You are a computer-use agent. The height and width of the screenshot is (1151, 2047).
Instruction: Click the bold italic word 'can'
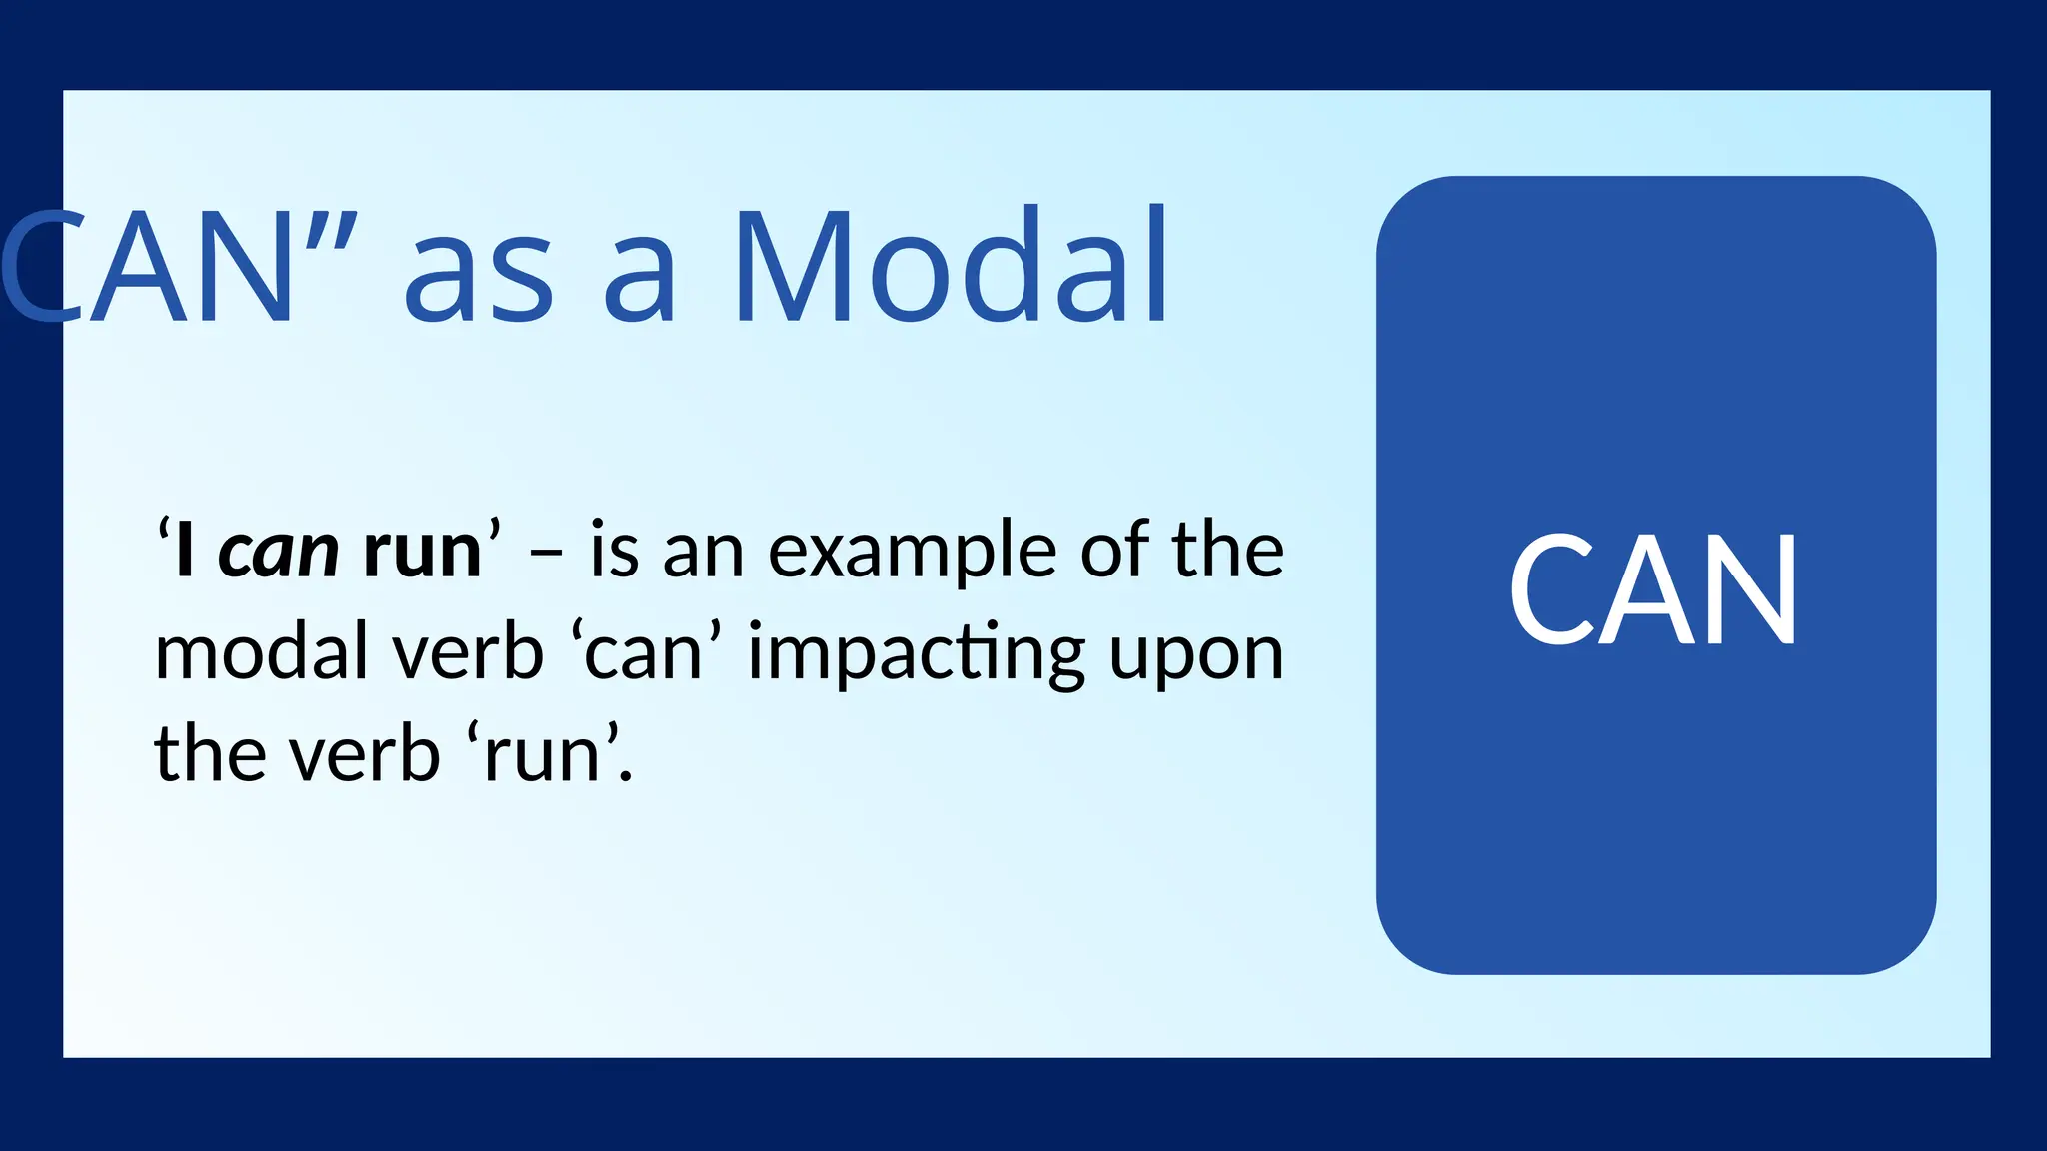tap(279, 553)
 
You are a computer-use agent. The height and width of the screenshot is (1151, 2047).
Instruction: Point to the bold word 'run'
tap(422, 553)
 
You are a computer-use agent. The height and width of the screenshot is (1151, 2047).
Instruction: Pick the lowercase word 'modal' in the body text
tap(263, 653)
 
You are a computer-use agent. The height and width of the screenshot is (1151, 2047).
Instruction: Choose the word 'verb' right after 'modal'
tap(467, 653)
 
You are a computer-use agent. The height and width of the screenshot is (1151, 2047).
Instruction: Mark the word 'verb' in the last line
tap(365, 754)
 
